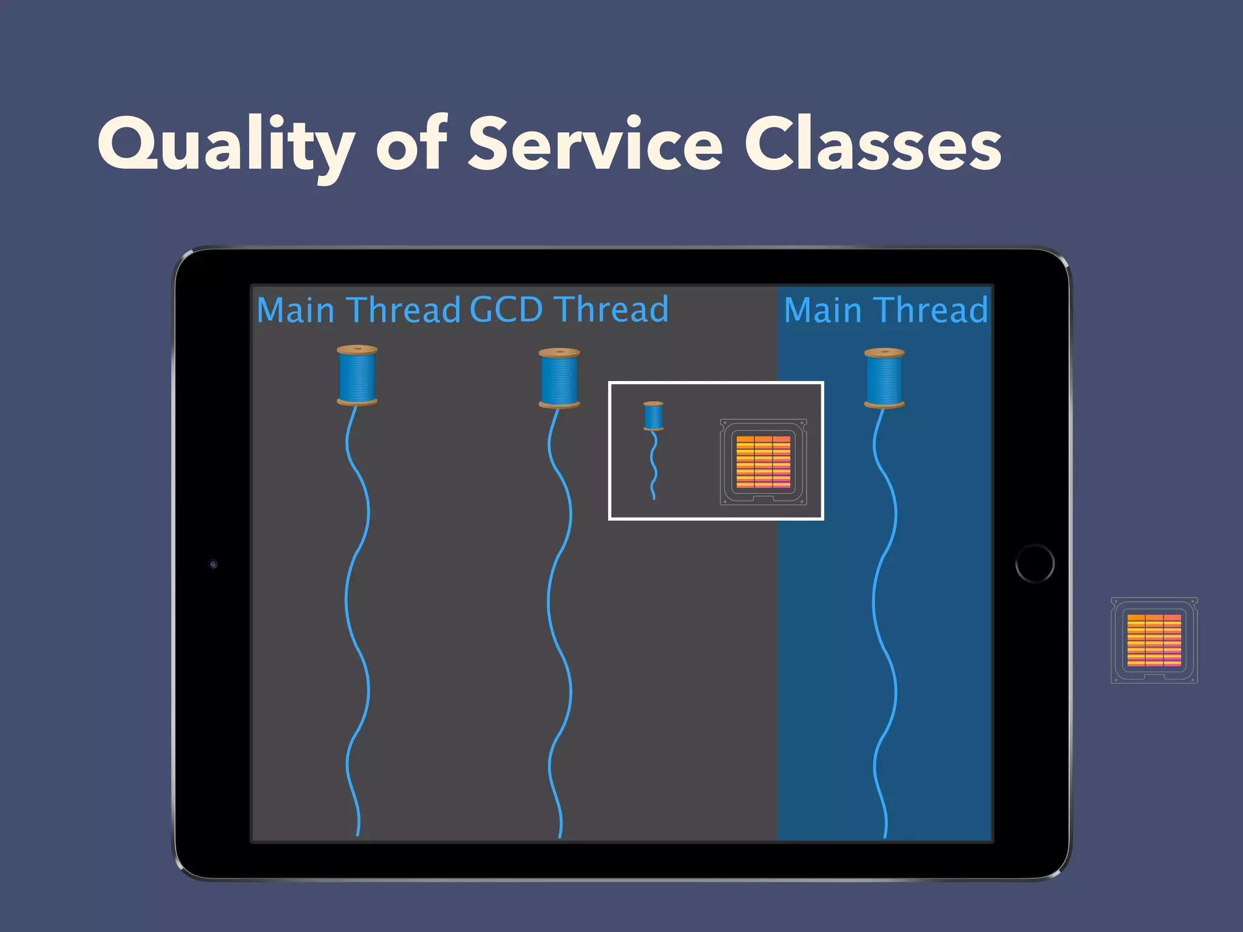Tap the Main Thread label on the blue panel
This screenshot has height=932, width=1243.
[x=886, y=310]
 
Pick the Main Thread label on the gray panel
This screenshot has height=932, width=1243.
[x=358, y=310]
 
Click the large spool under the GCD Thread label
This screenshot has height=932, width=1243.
[x=559, y=377]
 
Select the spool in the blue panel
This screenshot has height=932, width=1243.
[x=884, y=377]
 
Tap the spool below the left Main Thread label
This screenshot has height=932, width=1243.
[x=357, y=375]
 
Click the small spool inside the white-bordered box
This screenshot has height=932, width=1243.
[x=653, y=416]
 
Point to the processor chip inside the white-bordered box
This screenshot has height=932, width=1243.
[x=763, y=462]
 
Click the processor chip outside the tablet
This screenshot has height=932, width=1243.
[x=1154, y=640]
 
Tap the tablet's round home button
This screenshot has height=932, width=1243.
[x=1035, y=564]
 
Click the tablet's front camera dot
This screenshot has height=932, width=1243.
[x=213, y=564]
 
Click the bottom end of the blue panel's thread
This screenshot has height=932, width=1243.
[x=885, y=835]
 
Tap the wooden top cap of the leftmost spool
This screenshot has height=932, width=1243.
[x=357, y=349]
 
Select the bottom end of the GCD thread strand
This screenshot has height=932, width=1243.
[x=560, y=835]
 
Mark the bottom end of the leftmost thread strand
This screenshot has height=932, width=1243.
[x=357, y=833]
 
